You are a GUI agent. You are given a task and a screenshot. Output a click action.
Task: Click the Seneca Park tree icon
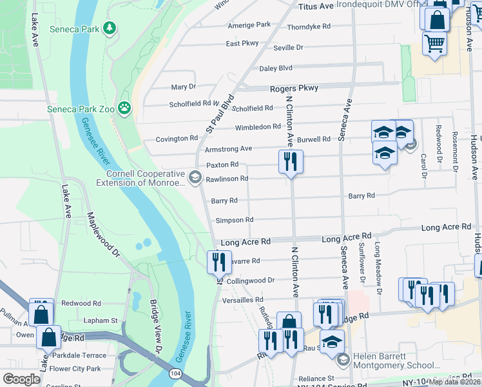pos(110,28)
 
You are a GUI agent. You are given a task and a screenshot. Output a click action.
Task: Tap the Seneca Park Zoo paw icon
pos(124,108)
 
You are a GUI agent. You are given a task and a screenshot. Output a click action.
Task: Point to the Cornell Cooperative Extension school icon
pos(195,175)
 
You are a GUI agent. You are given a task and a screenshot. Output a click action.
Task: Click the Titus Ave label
pos(316,6)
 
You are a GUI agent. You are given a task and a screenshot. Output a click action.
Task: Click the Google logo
pos(21,379)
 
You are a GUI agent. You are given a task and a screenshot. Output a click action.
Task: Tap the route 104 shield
pos(175,373)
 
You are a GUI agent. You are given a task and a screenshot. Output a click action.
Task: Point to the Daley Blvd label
pos(276,68)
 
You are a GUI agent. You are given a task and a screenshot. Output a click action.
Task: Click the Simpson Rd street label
pos(235,220)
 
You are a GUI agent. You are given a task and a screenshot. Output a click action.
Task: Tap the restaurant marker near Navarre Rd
pos(218,261)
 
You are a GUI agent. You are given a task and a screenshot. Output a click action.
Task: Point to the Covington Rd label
pos(177,139)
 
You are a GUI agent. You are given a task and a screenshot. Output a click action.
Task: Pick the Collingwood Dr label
pos(251,281)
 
